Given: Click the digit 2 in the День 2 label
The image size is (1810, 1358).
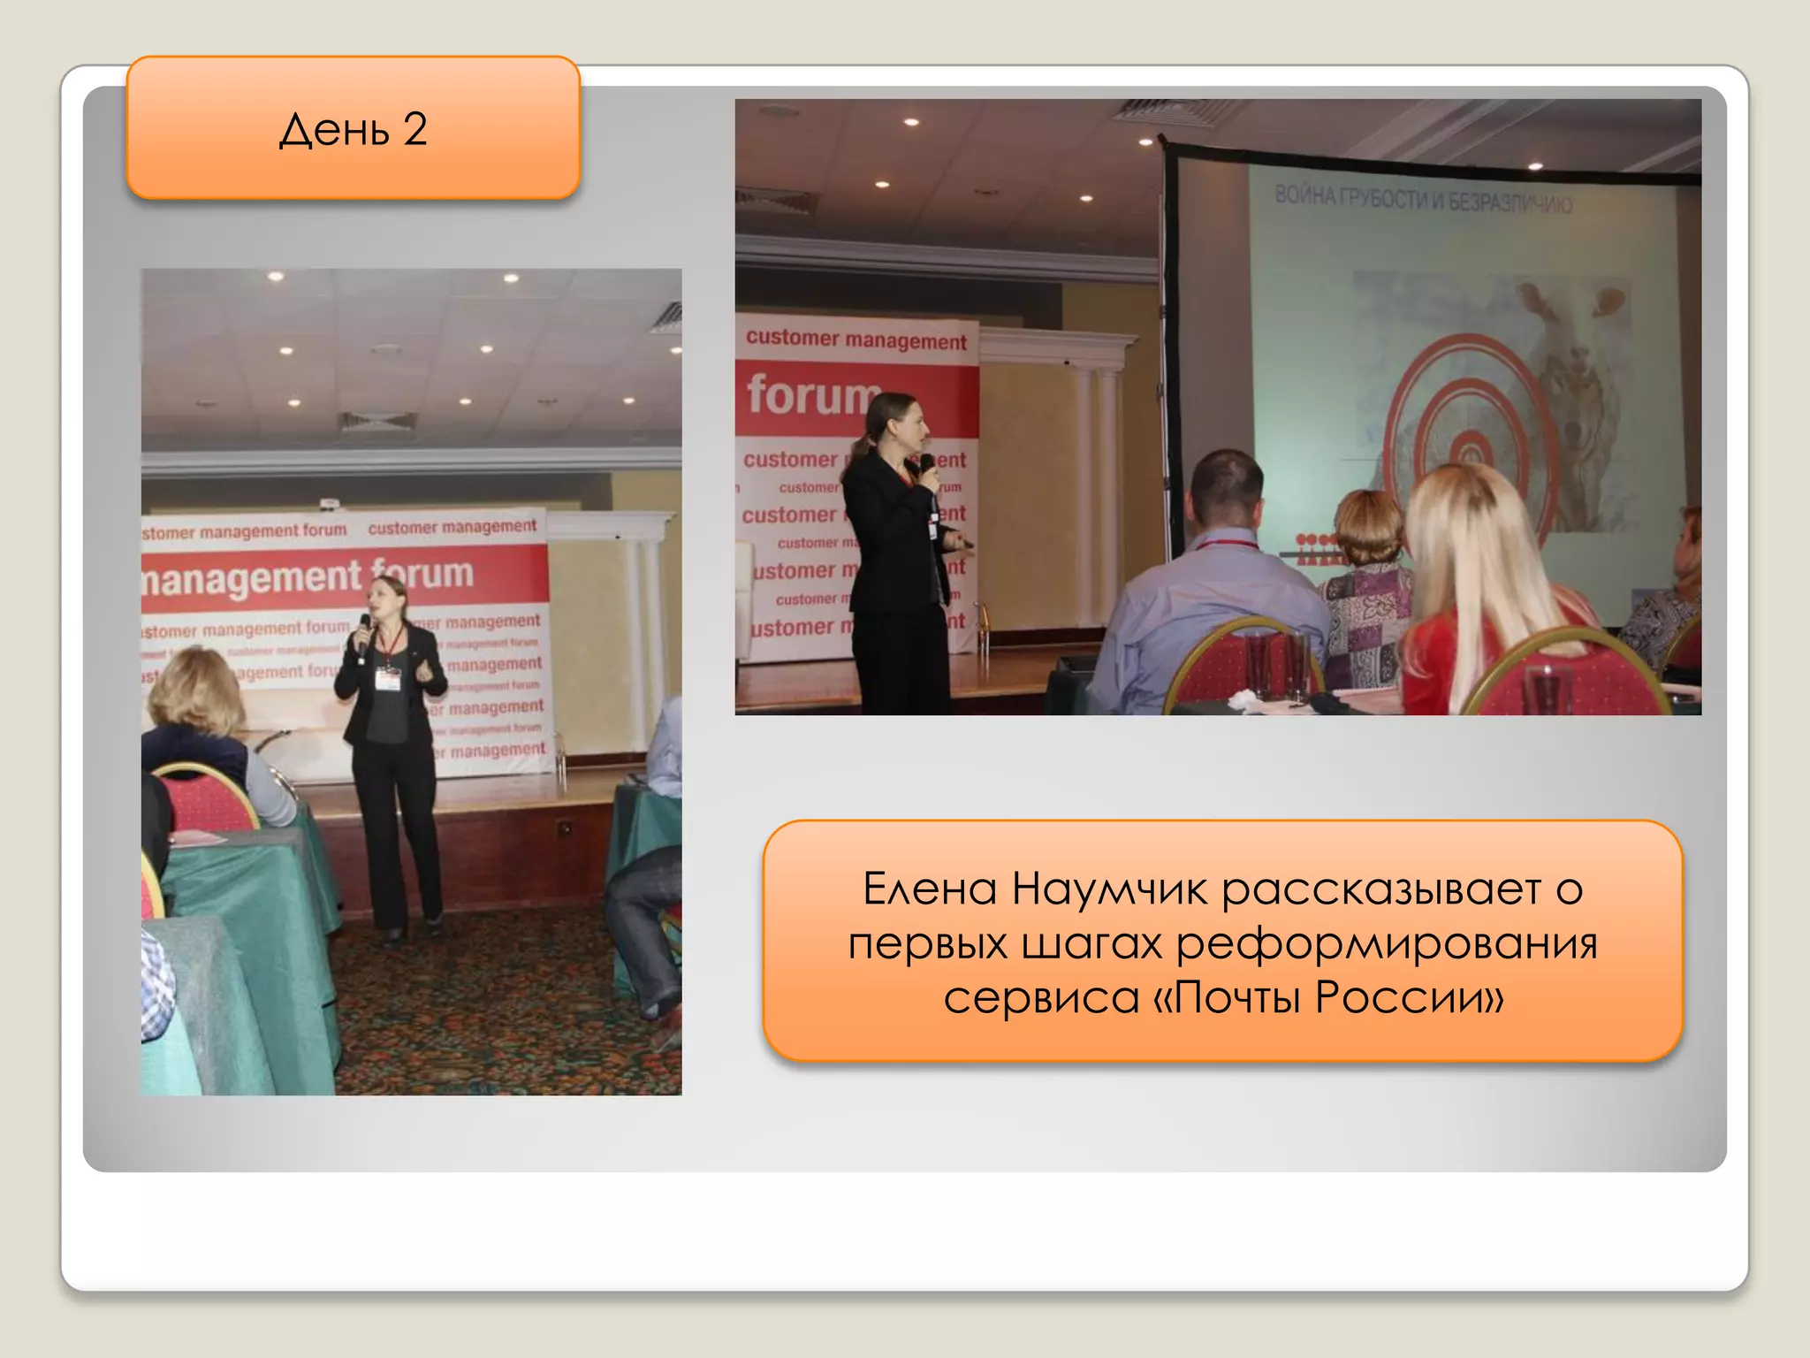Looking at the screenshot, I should click(415, 130).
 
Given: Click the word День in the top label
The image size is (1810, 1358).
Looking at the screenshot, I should click(334, 131).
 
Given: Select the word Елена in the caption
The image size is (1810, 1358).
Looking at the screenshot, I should click(930, 889).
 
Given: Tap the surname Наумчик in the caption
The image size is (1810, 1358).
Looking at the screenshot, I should click(1109, 889).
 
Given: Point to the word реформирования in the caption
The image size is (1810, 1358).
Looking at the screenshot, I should click(1387, 944).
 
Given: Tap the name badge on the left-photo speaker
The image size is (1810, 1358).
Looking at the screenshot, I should click(387, 677).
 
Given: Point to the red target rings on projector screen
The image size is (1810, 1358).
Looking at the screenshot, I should click(1467, 433).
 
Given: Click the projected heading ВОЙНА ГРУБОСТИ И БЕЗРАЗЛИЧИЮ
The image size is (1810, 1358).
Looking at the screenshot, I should click(1423, 200).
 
